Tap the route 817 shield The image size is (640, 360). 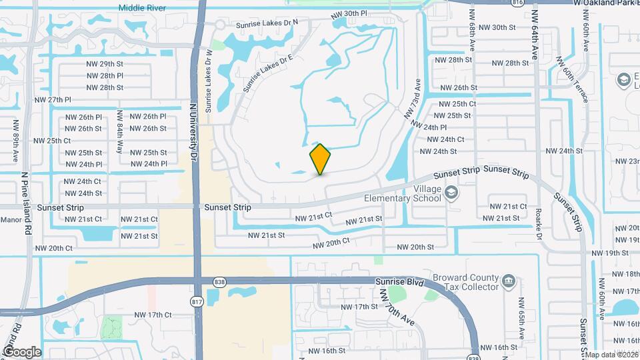click(197, 302)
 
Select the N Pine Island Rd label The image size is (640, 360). click(27, 200)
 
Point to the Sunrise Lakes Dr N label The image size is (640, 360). click(267, 23)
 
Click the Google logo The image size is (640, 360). click(22, 352)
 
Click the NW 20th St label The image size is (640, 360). click(415, 247)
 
